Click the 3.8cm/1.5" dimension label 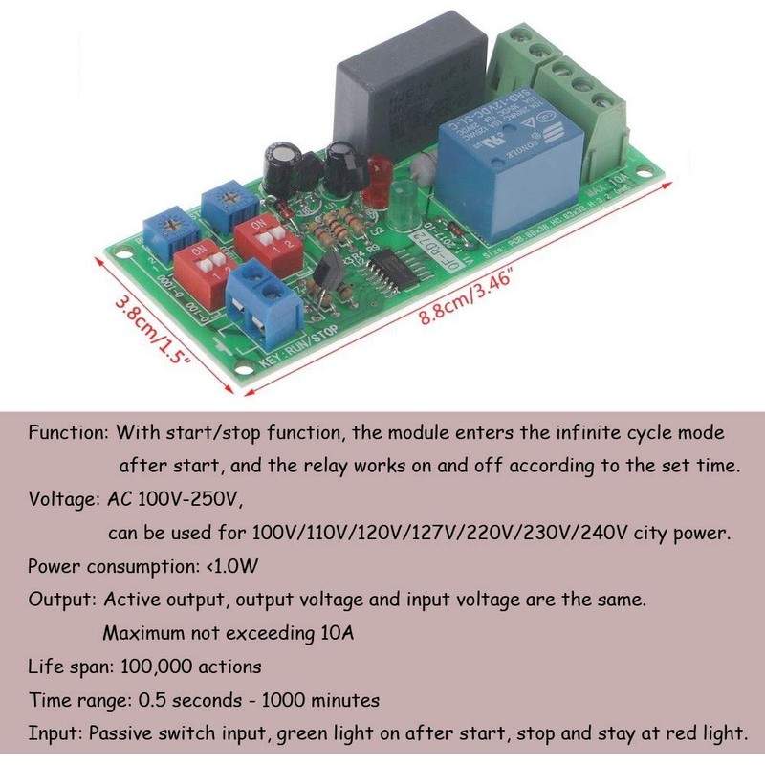[x=153, y=331]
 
